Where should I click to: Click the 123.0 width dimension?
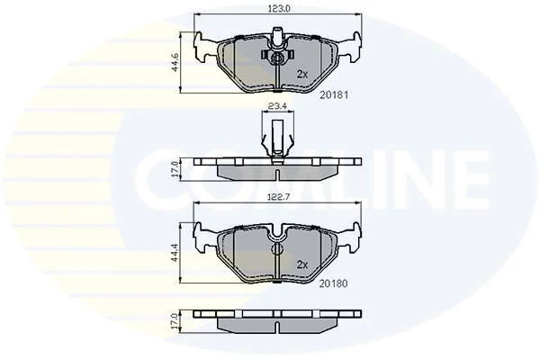[279, 9]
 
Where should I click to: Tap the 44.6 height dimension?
[175, 62]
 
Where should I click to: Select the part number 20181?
[334, 94]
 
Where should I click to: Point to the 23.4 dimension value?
[277, 106]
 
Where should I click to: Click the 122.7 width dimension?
[280, 197]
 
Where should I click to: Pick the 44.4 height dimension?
[175, 253]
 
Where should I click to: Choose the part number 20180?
[333, 283]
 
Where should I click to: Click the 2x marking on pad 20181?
[302, 74]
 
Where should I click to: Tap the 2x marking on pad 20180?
[302, 265]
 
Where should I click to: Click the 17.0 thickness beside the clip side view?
[175, 169]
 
